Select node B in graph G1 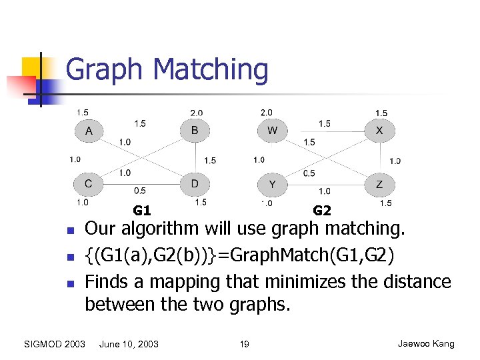click(x=195, y=131)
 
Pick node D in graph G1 click(x=195, y=183)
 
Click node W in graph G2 click(x=272, y=131)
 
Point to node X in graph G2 click(x=379, y=131)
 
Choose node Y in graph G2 click(x=272, y=183)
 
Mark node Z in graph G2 click(x=379, y=183)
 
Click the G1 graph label click(x=141, y=211)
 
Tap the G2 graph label click(x=322, y=211)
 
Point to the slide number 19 click(x=244, y=344)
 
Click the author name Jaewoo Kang click(x=426, y=344)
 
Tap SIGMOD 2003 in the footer click(x=54, y=344)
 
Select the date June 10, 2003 click(x=129, y=344)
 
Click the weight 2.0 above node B click(x=197, y=113)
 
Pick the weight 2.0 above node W click(x=267, y=113)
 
